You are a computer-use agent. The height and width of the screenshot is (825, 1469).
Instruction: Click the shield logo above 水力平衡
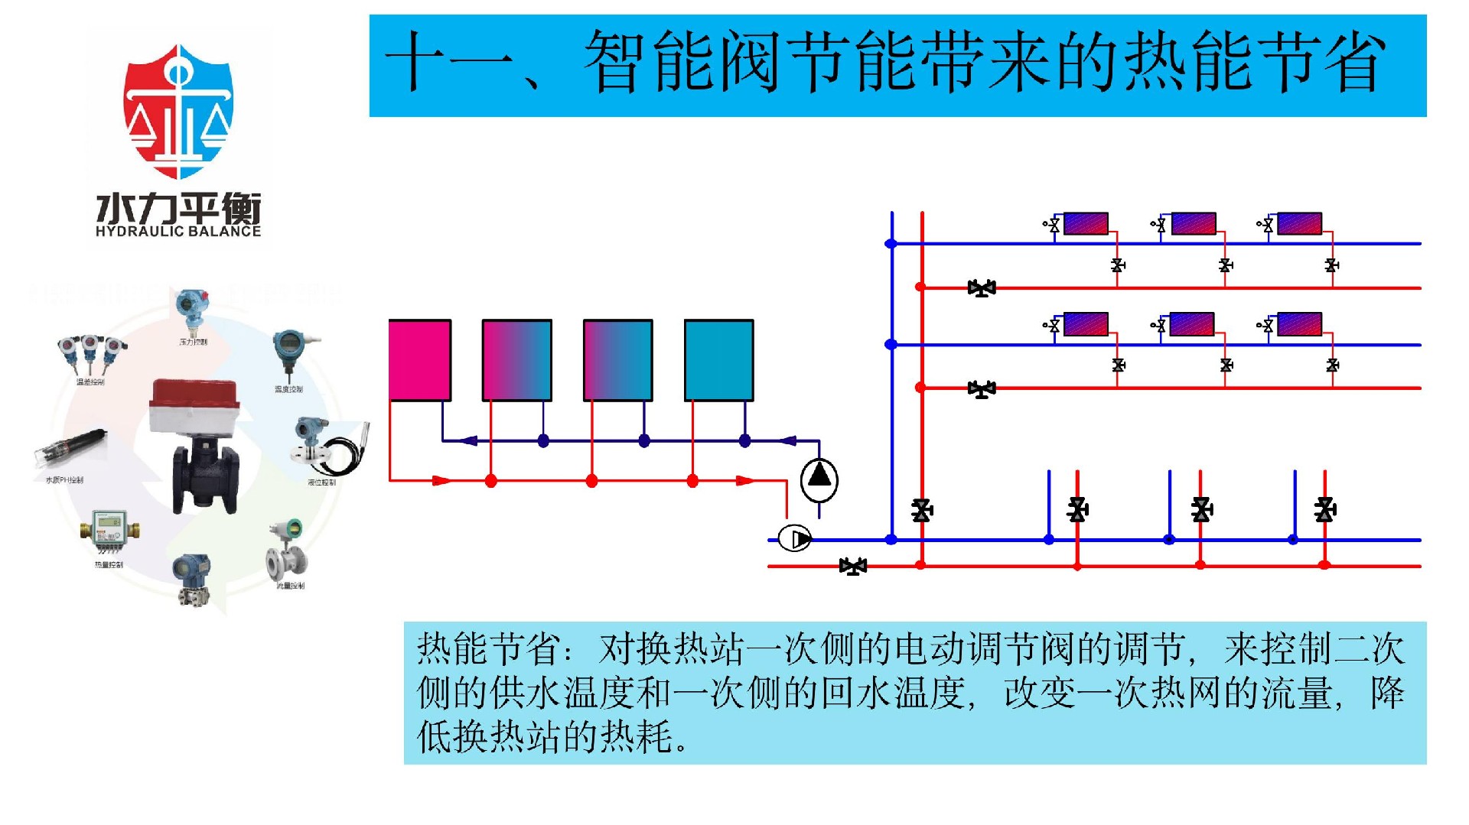click(x=178, y=111)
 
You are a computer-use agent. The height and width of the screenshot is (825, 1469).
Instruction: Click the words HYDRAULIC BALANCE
click(x=178, y=231)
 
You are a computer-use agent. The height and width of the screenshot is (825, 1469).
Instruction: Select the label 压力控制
click(x=193, y=342)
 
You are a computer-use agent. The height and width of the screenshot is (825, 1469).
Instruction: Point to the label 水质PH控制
click(x=64, y=480)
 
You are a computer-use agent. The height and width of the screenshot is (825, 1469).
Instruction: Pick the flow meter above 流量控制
click(x=287, y=551)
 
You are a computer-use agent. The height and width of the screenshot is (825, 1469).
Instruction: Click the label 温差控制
click(x=90, y=382)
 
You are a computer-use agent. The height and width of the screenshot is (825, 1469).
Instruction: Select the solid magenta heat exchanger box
click(x=419, y=360)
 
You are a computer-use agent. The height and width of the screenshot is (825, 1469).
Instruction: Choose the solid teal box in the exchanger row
click(x=718, y=360)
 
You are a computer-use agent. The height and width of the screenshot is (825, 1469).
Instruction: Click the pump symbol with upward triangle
click(x=819, y=478)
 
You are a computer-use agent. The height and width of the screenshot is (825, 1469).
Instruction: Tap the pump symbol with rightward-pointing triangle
click(x=794, y=538)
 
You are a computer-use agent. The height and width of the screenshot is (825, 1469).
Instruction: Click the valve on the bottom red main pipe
click(x=853, y=566)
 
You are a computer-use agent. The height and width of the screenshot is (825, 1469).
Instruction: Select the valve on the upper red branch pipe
click(x=982, y=288)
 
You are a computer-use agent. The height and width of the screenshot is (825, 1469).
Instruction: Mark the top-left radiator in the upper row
click(x=1086, y=223)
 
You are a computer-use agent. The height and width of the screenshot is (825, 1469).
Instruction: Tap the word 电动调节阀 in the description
click(x=984, y=648)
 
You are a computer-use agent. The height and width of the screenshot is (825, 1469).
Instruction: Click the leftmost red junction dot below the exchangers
click(x=491, y=480)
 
